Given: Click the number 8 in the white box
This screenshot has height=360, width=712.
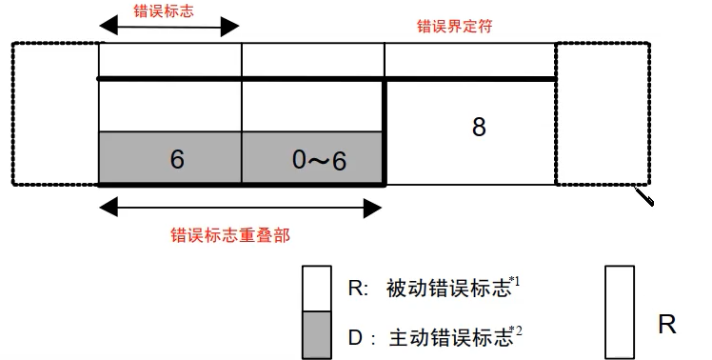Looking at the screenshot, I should [479, 127].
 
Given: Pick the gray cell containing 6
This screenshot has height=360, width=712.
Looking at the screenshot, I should [171, 158].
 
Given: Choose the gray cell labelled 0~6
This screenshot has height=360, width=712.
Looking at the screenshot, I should [313, 158].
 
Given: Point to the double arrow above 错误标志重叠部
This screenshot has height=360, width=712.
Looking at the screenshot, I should [242, 205].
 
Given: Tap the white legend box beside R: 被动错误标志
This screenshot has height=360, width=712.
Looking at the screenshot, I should [317, 288].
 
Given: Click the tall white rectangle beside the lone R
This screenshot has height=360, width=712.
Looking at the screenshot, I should [620, 311].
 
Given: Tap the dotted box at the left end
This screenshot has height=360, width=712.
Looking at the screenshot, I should [55, 113].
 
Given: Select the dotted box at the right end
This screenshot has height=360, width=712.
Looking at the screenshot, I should [599, 113].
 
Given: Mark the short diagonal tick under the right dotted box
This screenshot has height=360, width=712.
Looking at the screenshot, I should [645, 196].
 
